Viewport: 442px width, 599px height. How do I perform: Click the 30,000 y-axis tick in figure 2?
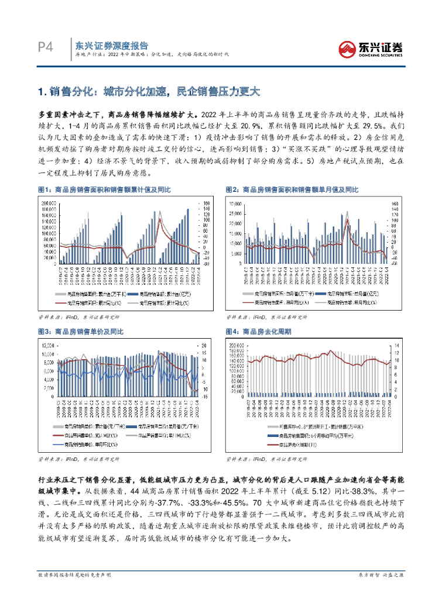235,204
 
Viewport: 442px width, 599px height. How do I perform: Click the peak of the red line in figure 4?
331,351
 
